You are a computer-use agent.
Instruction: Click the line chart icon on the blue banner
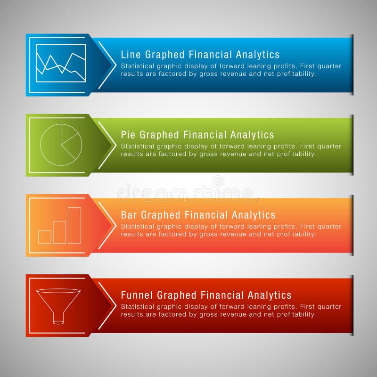click(61, 63)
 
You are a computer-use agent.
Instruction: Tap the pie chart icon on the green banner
click(61, 145)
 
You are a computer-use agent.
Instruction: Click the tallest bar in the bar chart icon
click(74, 225)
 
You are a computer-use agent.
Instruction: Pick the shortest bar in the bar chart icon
click(45, 237)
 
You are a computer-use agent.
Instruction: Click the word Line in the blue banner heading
click(130, 55)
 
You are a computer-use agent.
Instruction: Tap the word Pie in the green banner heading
click(128, 135)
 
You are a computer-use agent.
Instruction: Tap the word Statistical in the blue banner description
click(137, 66)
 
